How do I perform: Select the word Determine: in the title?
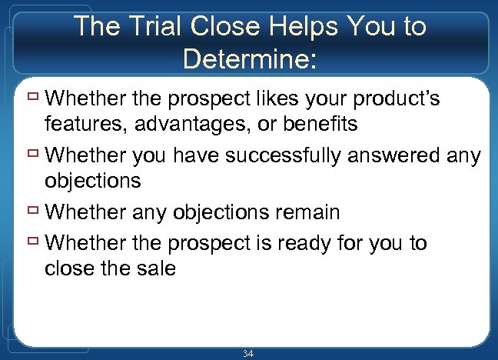(x=249, y=58)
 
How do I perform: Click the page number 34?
(x=248, y=353)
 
